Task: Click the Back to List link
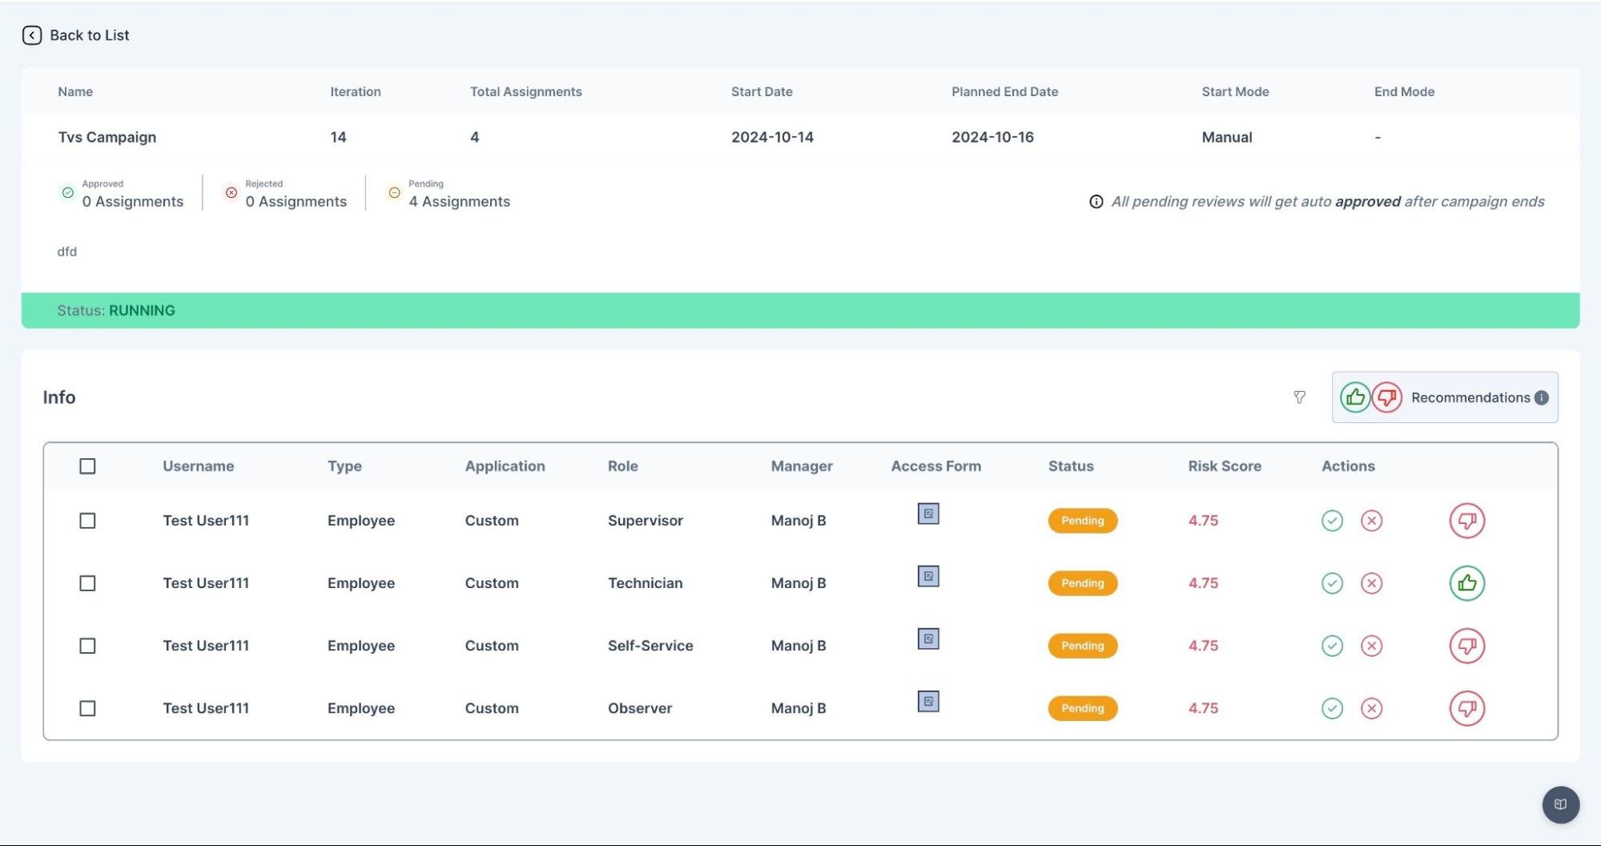[x=76, y=35]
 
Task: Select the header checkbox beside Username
[x=87, y=466]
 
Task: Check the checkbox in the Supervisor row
[x=87, y=521]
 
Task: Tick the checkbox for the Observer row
[x=87, y=708]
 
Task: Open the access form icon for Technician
[x=928, y=576]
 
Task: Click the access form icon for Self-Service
[x=928, y=639]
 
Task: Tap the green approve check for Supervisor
[x=1332, y=521]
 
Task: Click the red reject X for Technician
[x=1371, y=583]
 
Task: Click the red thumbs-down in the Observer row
[x=1467, y=708]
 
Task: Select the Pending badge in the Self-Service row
[x=1083, y=646]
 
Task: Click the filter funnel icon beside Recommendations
[x=1299, y=397]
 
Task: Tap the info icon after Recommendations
[x=1541, y=398]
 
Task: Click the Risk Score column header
[x=1225, y=466]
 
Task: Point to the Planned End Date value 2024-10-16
[x=992, y=137]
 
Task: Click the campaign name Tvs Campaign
[x=107, y=137]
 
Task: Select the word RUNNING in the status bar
[x=142, y=311]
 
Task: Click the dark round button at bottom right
[x=1561, y=804]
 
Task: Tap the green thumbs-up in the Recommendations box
[x=1355, y=397]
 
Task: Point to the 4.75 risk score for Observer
[x=1203, y=708]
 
